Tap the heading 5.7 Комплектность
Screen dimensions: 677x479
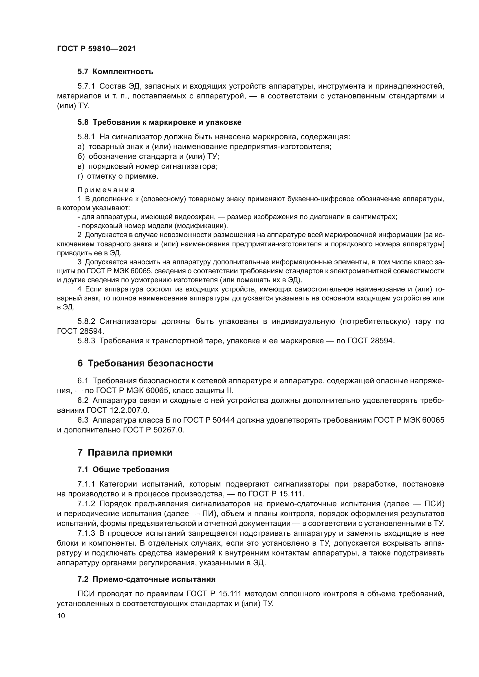point(115,72)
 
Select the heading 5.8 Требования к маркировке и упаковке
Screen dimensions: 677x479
point(159,122)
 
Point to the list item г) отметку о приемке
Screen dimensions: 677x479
point(118,176)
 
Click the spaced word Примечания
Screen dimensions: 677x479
point(106,190)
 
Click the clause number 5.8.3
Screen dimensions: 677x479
point(86,341)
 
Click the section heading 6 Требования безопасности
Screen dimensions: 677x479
point(145,364)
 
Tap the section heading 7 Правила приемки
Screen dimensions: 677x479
point(125,453)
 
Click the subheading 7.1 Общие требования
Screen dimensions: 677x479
point(123,470)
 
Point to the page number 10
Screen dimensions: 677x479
point(61,616)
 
